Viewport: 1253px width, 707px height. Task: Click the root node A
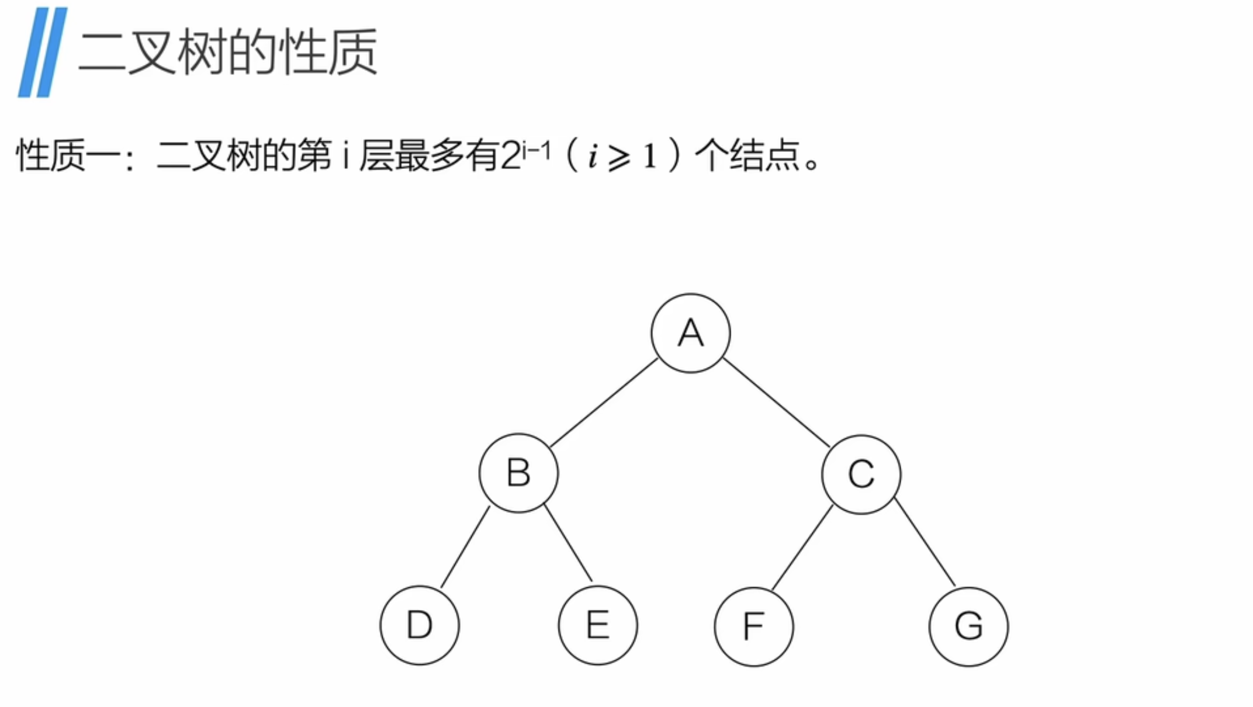point(690,333)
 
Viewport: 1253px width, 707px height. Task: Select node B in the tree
point(518,473)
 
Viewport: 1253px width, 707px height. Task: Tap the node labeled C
point(861,474)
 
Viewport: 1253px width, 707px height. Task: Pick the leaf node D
point(420,625)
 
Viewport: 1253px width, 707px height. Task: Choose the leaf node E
point(598,625)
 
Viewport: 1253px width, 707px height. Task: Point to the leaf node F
point(754,626)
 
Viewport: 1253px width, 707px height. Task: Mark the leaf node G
point(968,626)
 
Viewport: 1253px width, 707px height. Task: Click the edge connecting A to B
point(604,403)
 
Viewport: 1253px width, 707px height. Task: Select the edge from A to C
point(776,403)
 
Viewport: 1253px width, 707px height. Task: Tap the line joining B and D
point(465,547)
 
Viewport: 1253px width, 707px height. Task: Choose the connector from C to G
point(925,542)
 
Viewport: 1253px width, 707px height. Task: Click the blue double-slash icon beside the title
point(42,52)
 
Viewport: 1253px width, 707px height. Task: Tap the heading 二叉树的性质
point(228,53)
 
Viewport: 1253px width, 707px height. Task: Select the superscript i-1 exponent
point(536,151)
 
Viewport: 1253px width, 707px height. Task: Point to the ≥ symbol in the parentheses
point(619,158)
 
